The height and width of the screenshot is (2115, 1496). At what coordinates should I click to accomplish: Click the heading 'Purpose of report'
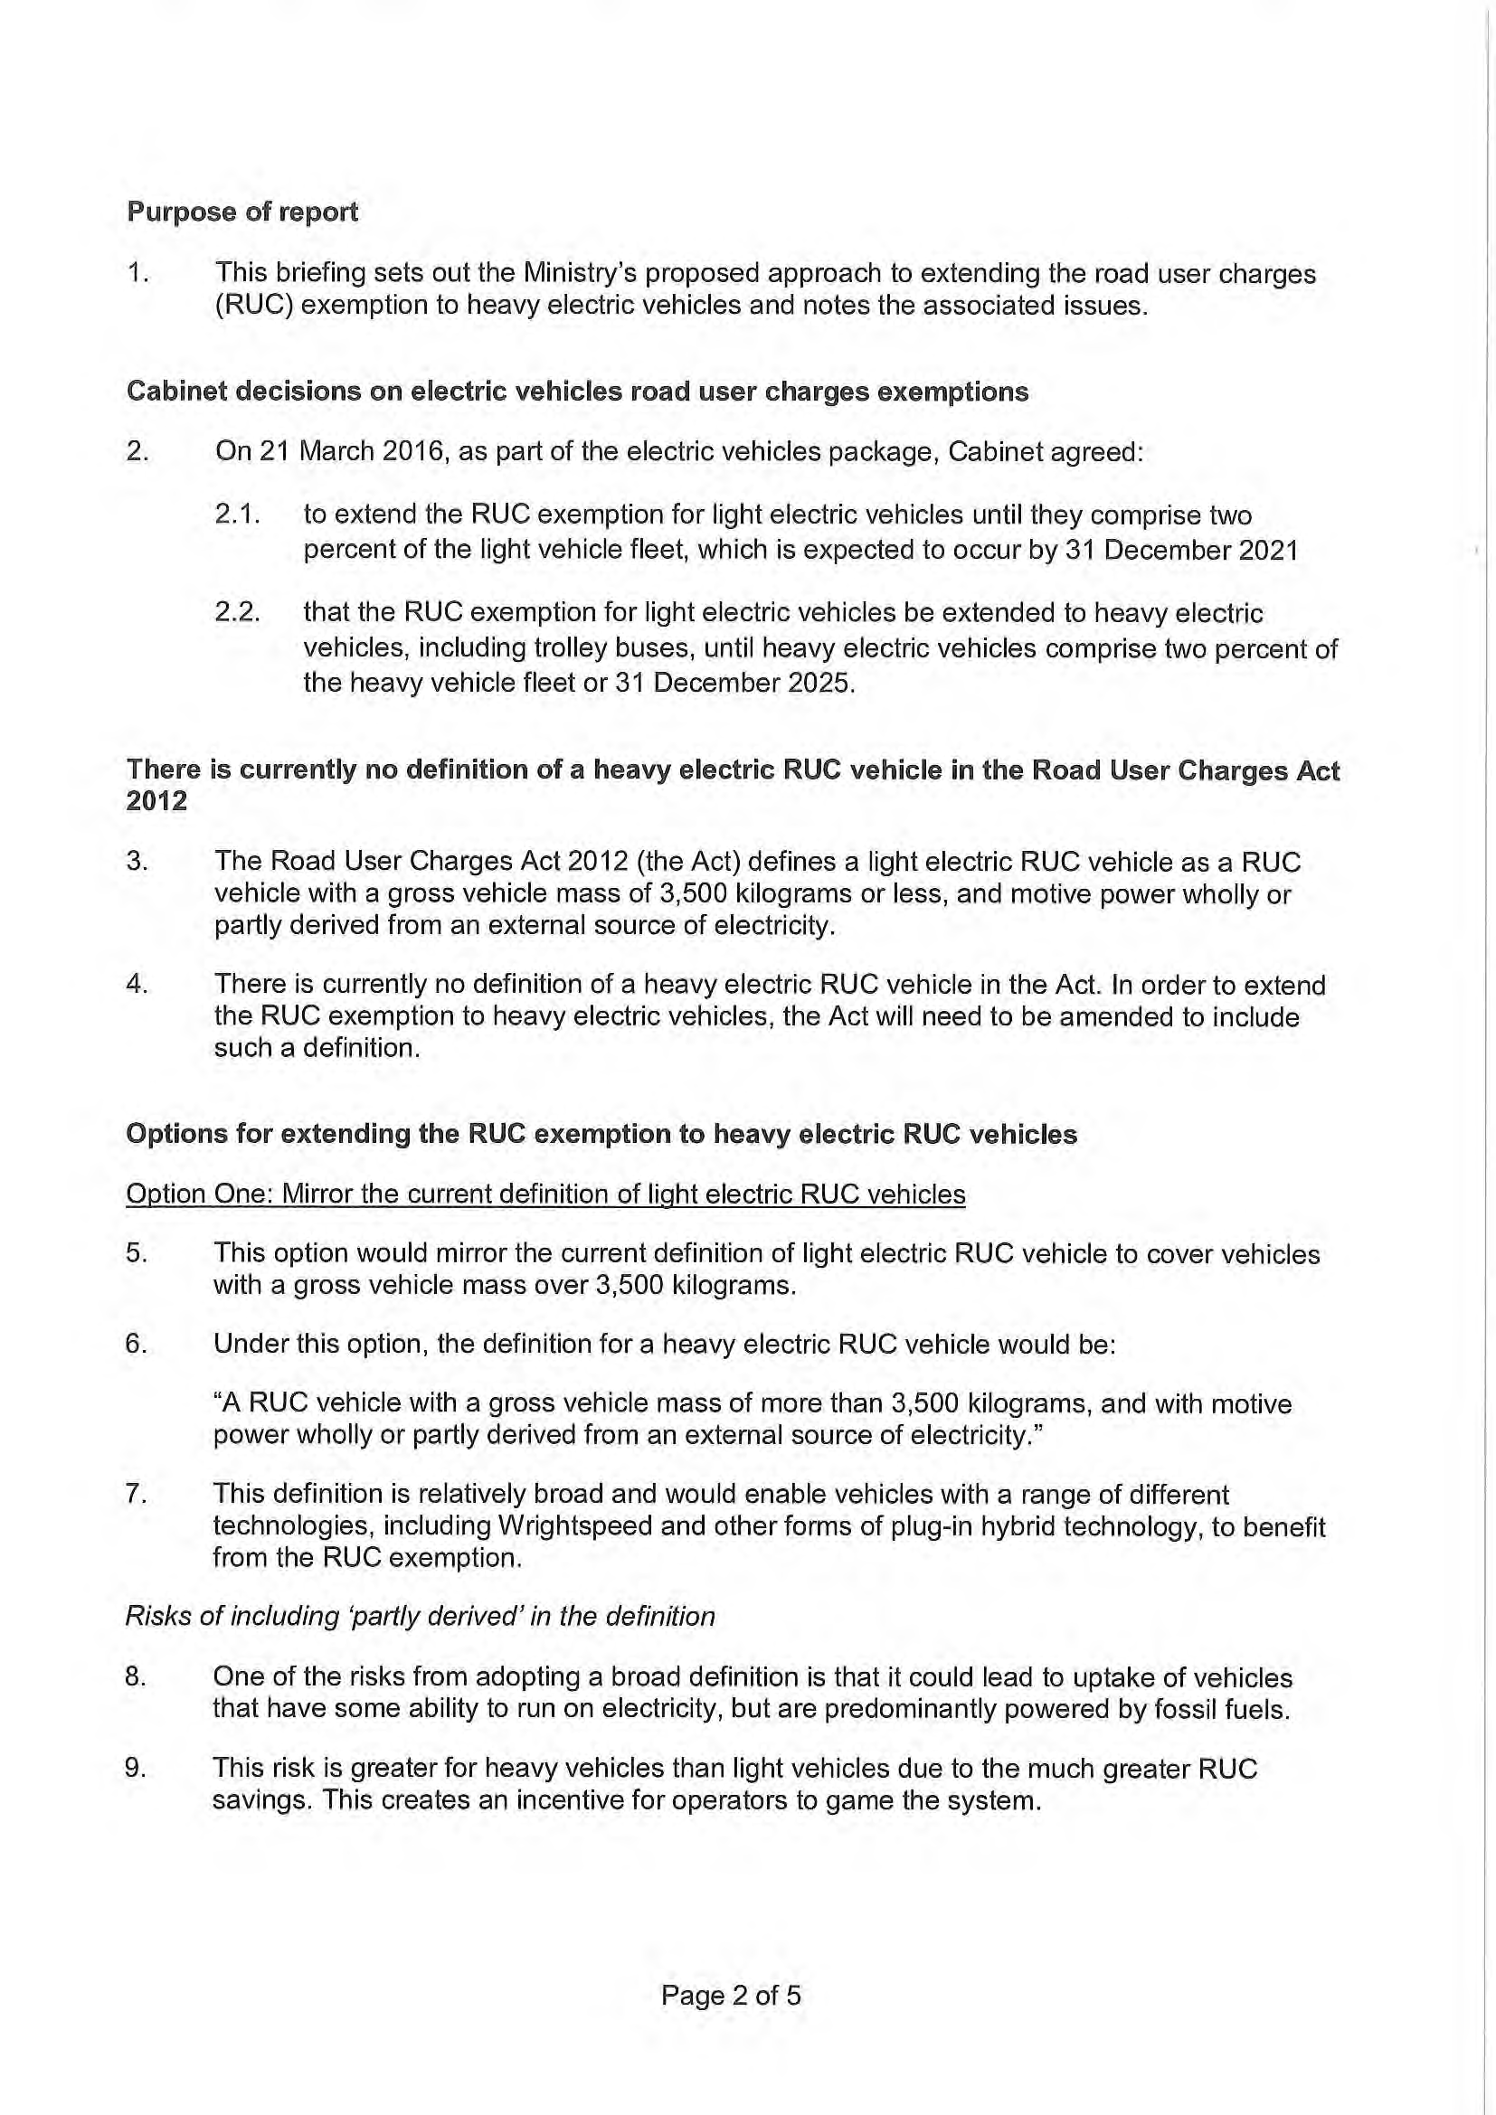[242, 212]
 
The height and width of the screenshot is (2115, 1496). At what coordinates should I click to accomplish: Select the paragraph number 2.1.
[237, 514]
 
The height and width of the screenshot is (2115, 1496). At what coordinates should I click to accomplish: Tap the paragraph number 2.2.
[237, 612]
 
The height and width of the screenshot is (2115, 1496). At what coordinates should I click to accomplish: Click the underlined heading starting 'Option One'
[545, 1194]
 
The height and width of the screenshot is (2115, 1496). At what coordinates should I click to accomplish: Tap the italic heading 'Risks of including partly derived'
[420, 1616]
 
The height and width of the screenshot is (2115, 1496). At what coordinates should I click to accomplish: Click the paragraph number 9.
[137, 1768]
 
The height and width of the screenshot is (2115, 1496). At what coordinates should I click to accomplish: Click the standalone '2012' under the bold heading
[156, 801]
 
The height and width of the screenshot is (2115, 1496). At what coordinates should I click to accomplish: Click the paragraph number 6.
[137, 1344]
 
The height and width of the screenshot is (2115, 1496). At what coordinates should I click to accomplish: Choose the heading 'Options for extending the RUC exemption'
[601, 1134]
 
